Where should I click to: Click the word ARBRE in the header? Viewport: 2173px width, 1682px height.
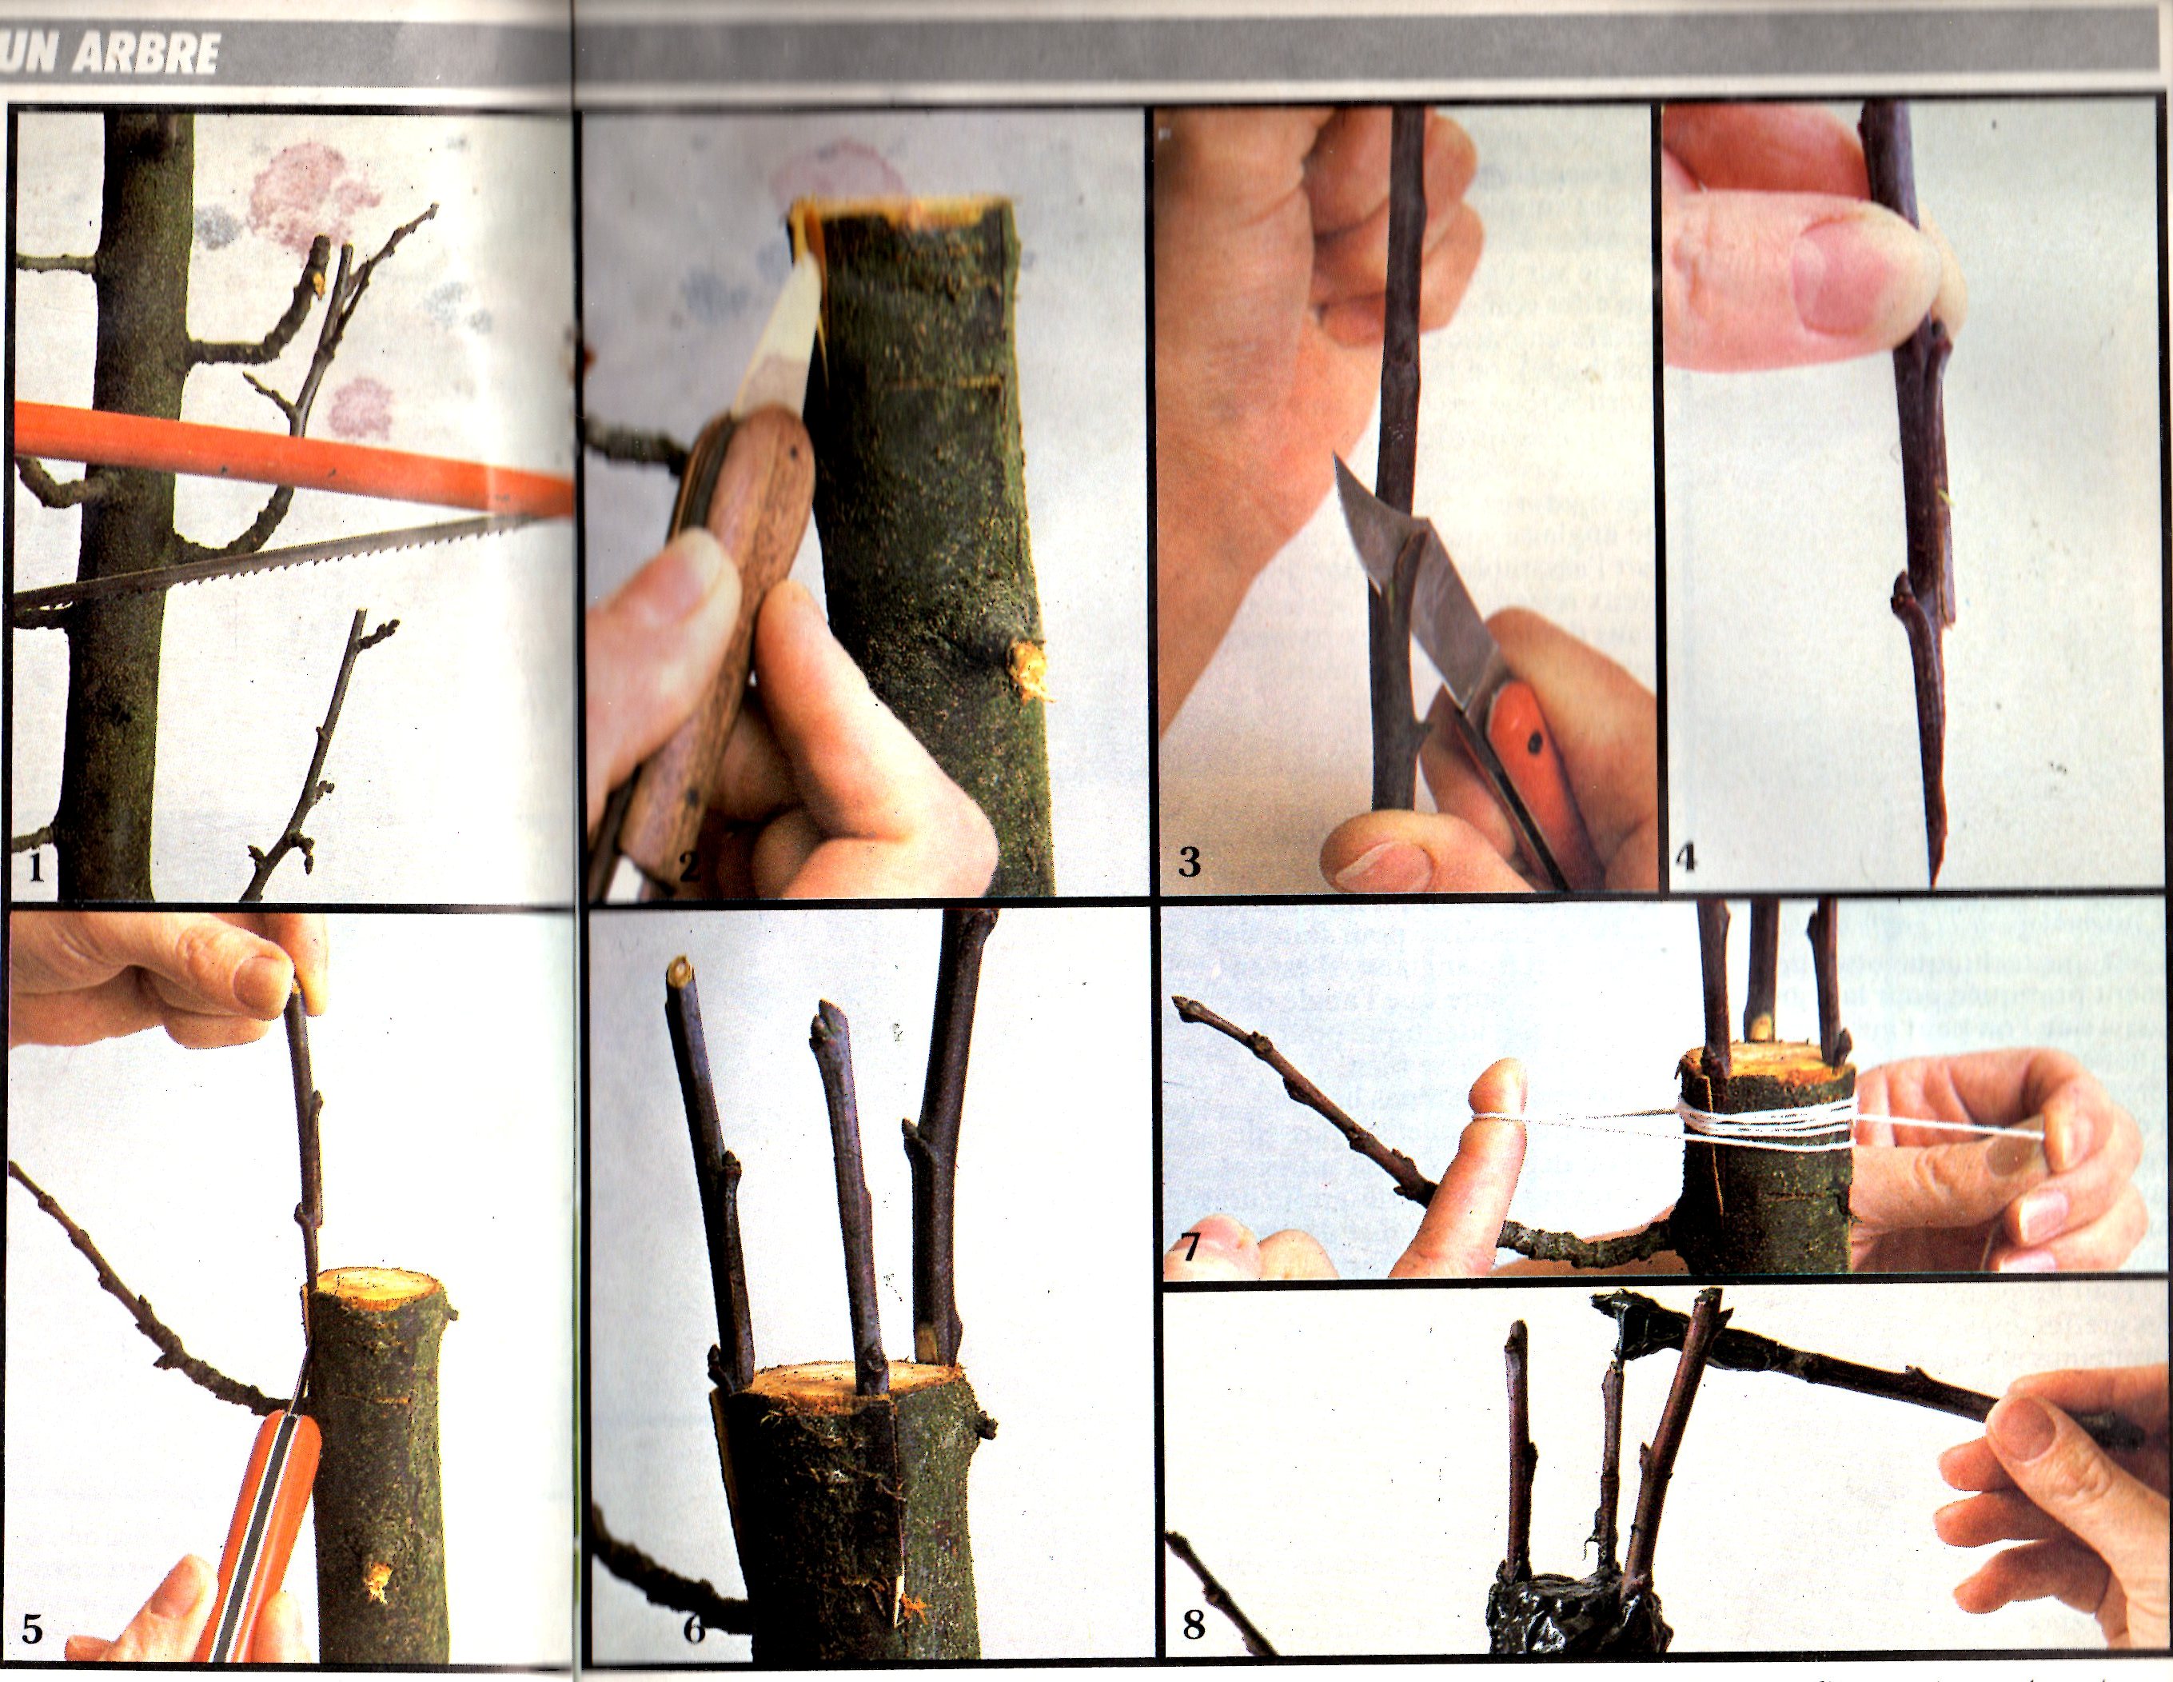[x=146, y=54]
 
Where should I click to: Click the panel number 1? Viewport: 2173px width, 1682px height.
[x=36, y=868]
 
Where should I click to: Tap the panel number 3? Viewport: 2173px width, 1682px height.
[x=1189, y=860]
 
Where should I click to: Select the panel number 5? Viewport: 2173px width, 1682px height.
[x=32, y=1629]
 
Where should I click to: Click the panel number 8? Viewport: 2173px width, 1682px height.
[x=1193, y=1626]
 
